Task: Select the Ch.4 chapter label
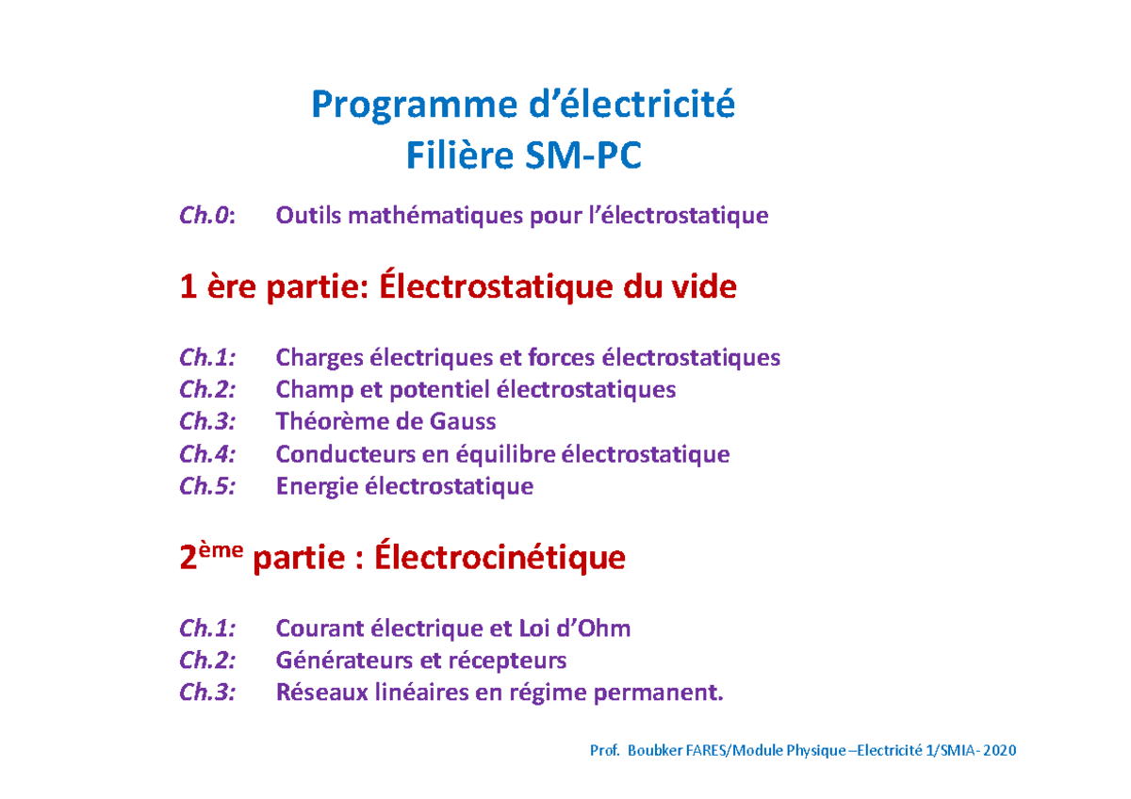(x=206, y=454)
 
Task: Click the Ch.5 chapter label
(x=206, y=486)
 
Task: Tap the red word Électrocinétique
(x=500, y=558)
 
